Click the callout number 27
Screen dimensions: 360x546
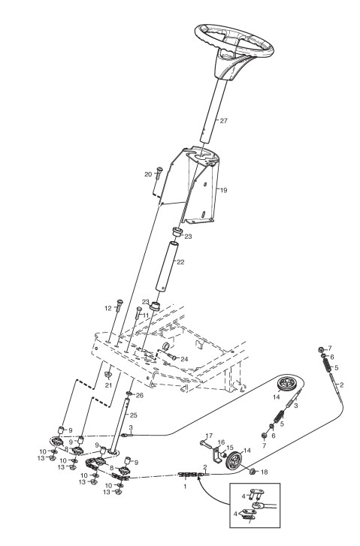point(223,121)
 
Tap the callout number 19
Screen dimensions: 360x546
point(223,190)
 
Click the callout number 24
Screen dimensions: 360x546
point(184,359)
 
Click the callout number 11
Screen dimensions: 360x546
point(145,315)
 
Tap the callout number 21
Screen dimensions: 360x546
point(109,385)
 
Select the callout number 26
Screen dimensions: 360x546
point(139,395)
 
